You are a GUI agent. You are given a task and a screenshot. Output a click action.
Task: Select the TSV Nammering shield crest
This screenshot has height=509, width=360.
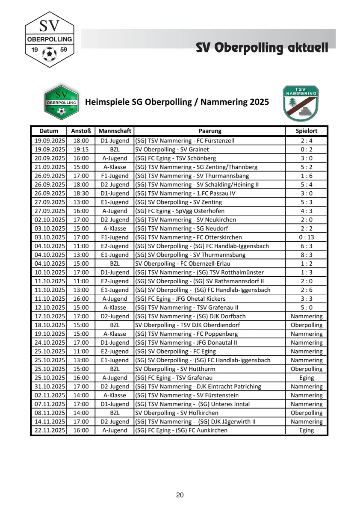[301, 104]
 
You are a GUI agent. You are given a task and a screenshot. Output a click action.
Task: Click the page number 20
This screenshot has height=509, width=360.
[180, 495]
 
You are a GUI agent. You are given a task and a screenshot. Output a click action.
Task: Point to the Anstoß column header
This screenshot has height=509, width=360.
[80, 131]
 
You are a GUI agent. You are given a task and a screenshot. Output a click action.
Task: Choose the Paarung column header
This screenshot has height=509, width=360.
[210, 131]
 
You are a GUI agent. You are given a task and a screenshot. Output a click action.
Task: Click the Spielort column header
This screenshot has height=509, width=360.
[307, 131]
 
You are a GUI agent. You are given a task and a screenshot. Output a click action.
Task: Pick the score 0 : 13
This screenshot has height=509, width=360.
[307, 237]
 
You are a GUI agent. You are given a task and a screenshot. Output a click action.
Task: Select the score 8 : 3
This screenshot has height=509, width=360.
[307, 255]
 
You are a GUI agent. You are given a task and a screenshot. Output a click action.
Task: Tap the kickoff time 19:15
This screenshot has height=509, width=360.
[80, 149]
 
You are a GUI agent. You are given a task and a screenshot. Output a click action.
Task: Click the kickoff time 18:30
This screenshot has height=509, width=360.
[80, 193]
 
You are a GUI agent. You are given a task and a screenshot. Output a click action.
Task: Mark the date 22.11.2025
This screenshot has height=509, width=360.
[49, 430]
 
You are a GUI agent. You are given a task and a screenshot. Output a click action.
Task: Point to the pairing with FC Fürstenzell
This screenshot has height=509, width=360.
[184, 140]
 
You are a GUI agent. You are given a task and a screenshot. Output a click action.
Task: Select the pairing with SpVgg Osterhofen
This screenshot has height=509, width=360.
[180, 211]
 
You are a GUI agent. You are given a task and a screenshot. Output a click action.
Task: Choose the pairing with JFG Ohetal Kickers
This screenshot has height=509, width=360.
[180, 299]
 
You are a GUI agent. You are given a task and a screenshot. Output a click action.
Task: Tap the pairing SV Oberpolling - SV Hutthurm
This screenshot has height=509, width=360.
[175, 369]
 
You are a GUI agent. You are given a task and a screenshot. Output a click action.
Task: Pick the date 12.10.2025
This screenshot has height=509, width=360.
[49, 308]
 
